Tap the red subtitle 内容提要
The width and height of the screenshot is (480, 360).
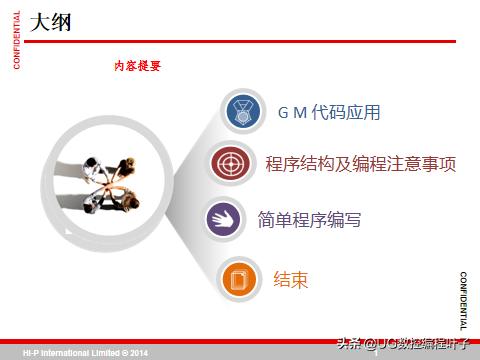(x=137, y=65)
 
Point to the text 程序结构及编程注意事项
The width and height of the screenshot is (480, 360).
(x=361, y=163)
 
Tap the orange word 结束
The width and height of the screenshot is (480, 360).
(x=291, y=278)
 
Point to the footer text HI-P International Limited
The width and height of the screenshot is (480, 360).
(x=70, y=353)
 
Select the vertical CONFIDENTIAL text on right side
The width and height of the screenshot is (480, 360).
(x=463, y=299)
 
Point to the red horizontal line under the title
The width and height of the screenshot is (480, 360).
(x=240, y=42)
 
